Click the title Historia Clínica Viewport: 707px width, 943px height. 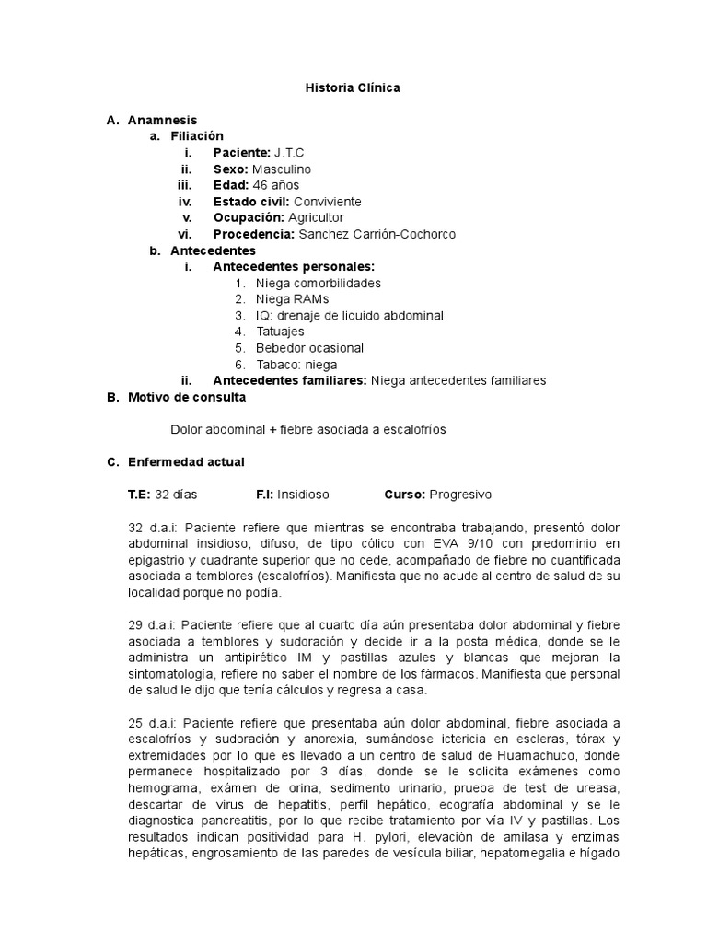tap(353, 87)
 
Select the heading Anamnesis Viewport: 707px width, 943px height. tap(162, 120)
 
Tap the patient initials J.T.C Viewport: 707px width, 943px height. tap(290, 152)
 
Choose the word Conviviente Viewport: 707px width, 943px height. tap(328, 202)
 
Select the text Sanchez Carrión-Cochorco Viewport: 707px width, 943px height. tap(377, 234)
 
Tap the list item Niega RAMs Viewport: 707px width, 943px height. tap(292, 299)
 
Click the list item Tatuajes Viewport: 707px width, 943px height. tap(280, 332)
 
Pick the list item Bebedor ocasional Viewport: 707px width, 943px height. tap(309, 348)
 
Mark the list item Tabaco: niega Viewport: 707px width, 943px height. tap(296, 365)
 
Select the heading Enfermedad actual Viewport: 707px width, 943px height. tap(186, 461)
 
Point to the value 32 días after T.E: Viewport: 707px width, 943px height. tap(176, 495)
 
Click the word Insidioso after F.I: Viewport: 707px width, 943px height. tap(303, 495)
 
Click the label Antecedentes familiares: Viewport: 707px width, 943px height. tap(289, 380)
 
